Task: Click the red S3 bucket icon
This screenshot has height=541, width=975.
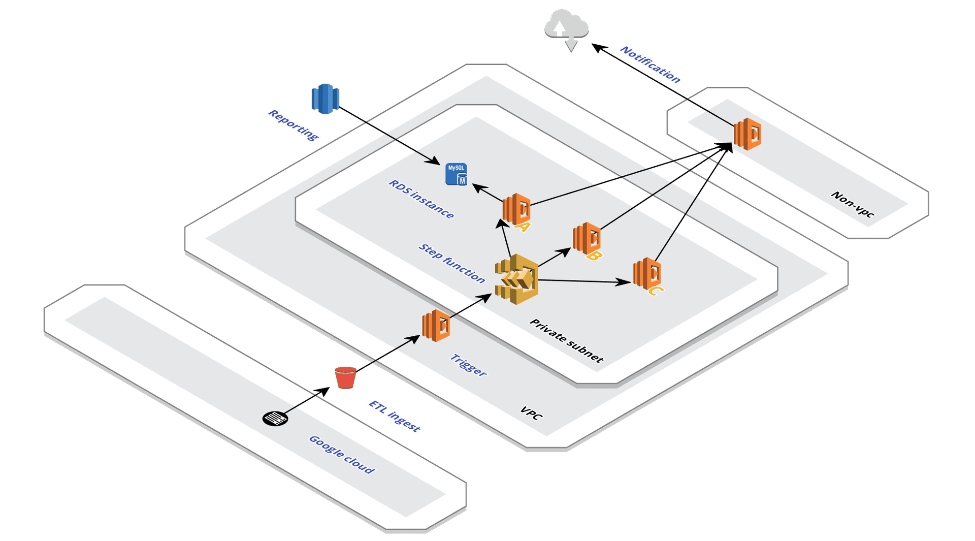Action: pos(345,377)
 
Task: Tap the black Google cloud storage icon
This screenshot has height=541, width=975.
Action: pos(275,419)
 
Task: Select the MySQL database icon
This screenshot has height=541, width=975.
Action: pos(456,174)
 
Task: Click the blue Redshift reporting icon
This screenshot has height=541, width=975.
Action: pos(325,99)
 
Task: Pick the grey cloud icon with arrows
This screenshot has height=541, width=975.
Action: pos(567,28)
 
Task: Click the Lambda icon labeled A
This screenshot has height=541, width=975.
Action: pos(517,209)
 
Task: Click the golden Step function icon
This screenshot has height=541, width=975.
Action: pos(516,279)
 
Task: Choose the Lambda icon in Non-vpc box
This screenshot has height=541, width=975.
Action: pos(747,134)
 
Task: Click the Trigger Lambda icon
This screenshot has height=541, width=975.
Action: pos(436,326)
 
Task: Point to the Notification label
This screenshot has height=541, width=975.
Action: pos(650,65)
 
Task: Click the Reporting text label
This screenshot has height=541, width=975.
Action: pos(294,125)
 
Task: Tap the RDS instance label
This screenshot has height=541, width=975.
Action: pos(421,199)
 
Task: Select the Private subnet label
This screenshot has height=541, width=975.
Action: pos(566,341)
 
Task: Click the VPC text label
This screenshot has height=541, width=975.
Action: pos(531,413)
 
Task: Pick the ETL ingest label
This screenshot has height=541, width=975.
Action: pos(395,416)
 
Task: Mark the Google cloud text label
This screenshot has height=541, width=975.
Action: pos(342,455)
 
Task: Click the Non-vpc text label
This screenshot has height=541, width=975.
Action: pos(853,204)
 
